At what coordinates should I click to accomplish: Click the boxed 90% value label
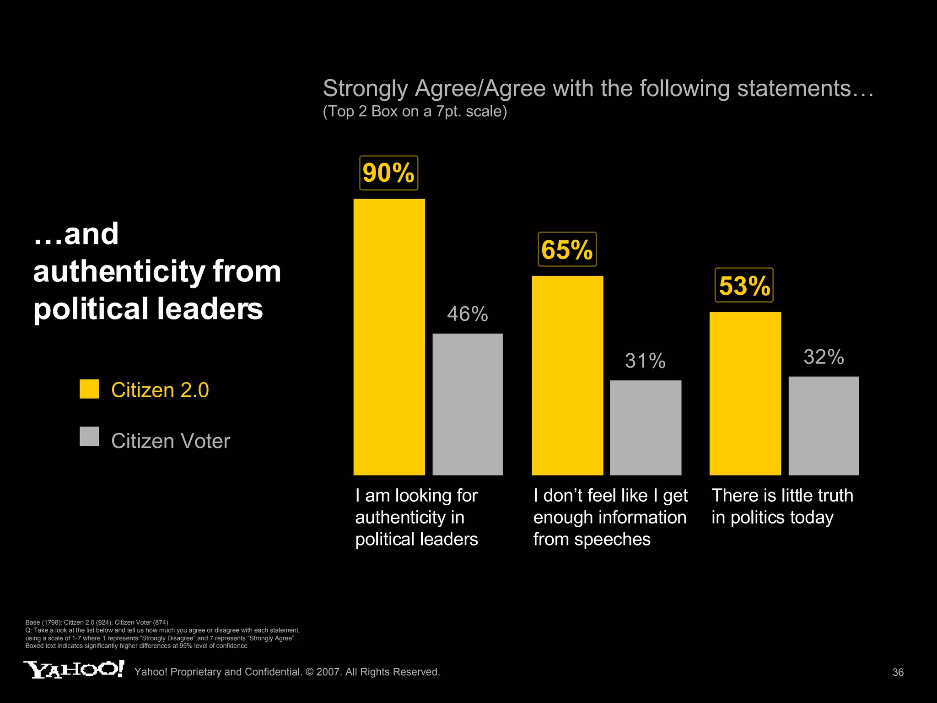point(388,173)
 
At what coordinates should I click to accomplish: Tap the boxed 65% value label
point(567,249)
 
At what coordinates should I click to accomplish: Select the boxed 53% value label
point(744,286)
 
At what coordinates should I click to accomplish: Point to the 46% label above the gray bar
point(467,314)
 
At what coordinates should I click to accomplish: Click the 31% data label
point(645,361)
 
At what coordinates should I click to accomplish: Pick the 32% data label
point(824,357)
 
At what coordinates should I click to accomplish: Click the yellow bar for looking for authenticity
point(389,337)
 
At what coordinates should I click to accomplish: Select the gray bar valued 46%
point(467,404)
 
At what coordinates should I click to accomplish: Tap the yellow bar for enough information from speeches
point(567,375)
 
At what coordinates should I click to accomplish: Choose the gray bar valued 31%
point(646,427)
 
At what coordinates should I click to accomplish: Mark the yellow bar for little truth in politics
point(745,394)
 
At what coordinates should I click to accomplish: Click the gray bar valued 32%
point(824,426)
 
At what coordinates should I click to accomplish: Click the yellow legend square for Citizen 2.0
point(89,389)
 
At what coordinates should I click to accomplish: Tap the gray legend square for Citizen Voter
point(89,436)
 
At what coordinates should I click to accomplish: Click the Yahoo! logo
point(74,669)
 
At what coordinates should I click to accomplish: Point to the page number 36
point(898,672)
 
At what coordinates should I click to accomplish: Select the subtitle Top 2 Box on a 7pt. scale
point(415,111)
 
